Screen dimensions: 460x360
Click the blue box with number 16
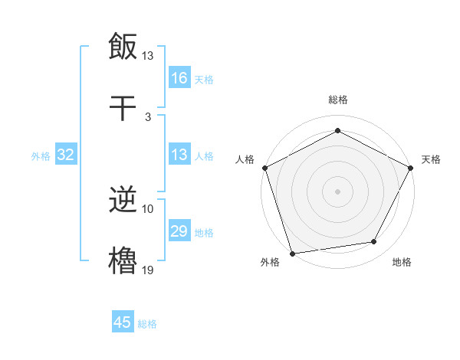point(179,77)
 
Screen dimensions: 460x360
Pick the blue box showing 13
point(179,155)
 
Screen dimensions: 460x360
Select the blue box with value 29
point(179,231)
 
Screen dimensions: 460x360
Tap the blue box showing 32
point(66,155)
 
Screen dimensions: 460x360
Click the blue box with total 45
point(123,322)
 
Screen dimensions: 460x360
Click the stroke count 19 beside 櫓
point(148,270)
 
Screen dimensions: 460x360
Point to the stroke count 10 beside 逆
point(148,208)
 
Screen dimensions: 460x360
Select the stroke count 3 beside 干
point(148,116)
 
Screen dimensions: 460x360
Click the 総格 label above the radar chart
point(337,100)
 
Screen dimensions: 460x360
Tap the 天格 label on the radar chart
point(431,159)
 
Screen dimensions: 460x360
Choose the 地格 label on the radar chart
point(402,262)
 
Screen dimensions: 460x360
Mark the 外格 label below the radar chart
point(270,262)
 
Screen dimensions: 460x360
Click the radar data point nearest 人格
point(264,168)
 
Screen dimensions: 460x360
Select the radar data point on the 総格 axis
point(337,131)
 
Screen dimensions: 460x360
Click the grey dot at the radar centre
point(337,191)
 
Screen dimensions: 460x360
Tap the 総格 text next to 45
point(147,324)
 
